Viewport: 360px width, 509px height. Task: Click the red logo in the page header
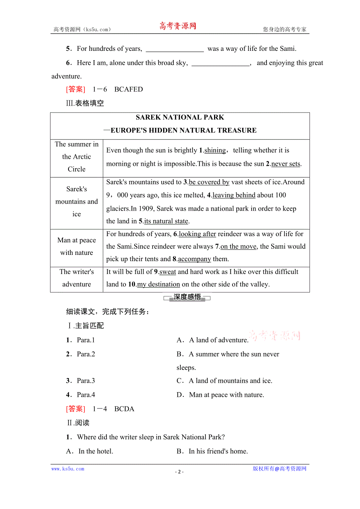pyautogui.click(x=177, y=26)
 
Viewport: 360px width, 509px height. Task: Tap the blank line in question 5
pyautogui.click(x=175, y=49)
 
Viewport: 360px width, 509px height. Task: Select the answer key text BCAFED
pyautogui.click(x=128, y=90)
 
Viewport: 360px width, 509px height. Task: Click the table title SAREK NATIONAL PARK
pyautogui.click(x=180, y=117)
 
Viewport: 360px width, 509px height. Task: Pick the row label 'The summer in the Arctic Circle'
pyautogui.click(x=77, y=157)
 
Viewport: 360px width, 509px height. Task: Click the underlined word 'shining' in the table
pyautogui.click(x=215, y=151)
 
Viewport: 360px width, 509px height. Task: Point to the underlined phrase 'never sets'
pyautogui.click(x=286, y=164)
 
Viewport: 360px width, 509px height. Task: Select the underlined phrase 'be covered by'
pyautogui.click(x=209, y=182)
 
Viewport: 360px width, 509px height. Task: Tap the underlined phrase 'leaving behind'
pyautogui.click(x=234, y=195)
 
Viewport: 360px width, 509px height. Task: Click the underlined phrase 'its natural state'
pyautogui.click(x=166, y=221)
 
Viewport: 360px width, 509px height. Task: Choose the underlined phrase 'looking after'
pyautogui.click(x=197, y=234)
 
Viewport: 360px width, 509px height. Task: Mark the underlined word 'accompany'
pyautogui.click(x=194, y=259)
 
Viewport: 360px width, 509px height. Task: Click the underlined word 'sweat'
pyautogui.click(x=167, y=272)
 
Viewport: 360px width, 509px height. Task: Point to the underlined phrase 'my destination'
pyautogui.click(x=158, y=284)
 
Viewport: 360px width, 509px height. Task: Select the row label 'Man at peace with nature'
pyautogui.click(x=77, y=247)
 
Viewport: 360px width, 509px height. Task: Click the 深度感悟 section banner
pyautogui.click(x=187, y=298)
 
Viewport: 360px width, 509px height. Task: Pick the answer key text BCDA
pyautogui.click(x=124, y=409)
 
